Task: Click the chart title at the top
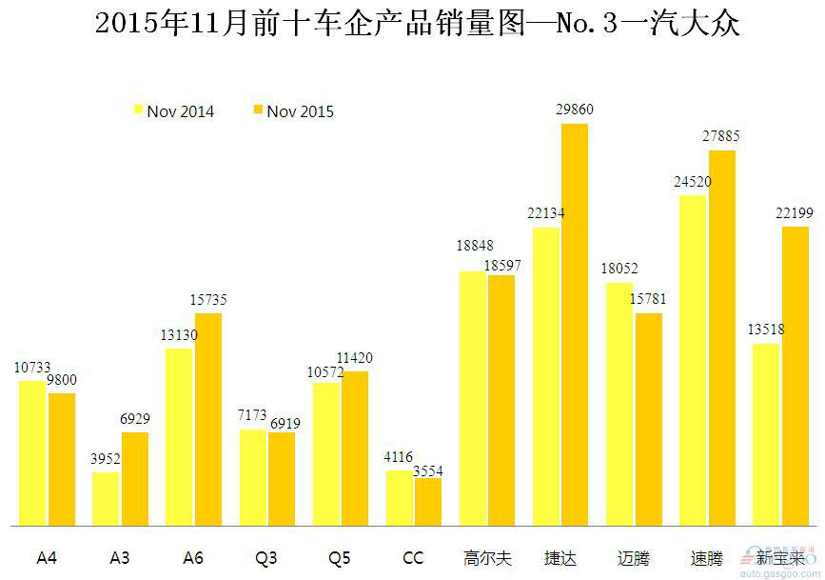coord(418,24)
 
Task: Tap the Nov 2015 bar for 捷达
coord(575,324)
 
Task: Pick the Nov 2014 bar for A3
coord(106,498)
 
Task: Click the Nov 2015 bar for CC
coord(428,501)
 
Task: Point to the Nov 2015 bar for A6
coord(208,419)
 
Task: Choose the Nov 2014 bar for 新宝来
coord(766,434)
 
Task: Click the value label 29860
coord(575,110)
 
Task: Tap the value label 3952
coord(106,458)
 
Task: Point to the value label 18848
coord(474,246)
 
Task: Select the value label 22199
coord(795,213)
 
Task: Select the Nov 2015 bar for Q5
coord(355,448)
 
